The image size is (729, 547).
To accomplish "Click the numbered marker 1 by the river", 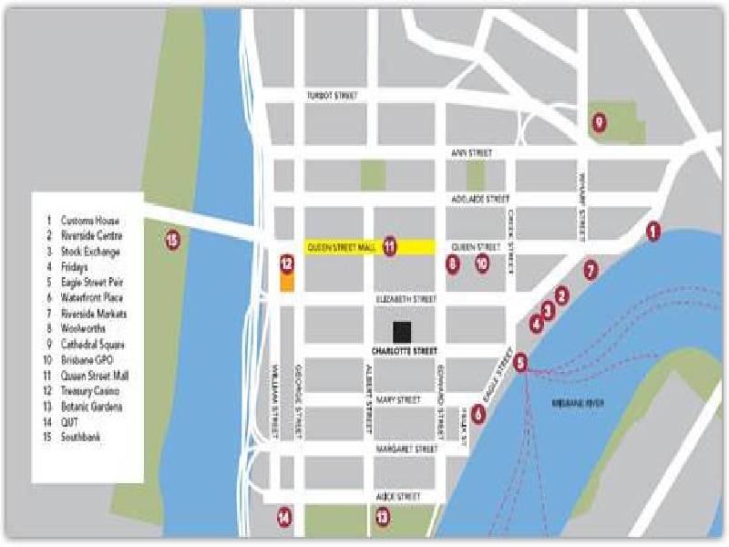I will (652, 232).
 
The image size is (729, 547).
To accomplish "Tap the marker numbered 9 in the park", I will (599, 121).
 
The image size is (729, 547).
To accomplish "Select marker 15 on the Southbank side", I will (173, 241).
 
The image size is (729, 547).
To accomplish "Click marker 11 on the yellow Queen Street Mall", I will (390, 245).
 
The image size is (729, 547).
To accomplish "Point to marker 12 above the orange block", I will (286, 264).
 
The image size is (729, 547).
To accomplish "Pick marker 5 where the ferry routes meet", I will (520, 363).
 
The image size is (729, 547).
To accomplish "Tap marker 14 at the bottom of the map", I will (285, 517).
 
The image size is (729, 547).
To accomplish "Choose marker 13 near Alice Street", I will (382, 517).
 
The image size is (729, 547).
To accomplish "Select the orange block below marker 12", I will (286, 283).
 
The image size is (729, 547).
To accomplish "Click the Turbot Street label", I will (332, 96).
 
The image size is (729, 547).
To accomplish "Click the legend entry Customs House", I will (89, 221).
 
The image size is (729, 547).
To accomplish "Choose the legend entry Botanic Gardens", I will (91, 407).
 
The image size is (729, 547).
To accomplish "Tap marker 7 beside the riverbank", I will (590, 270).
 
